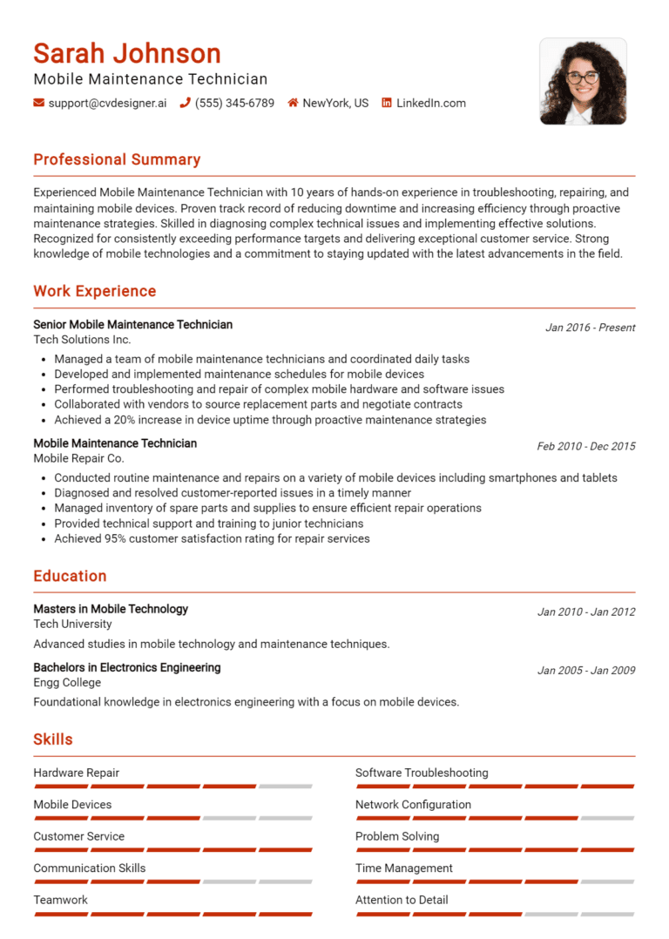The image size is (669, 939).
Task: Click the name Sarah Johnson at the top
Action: coord(127,54)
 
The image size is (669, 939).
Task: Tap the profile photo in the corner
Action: coord(583,81)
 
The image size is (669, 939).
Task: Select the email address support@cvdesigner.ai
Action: coord(107,103)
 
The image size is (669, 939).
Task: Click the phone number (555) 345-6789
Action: coord(234,103)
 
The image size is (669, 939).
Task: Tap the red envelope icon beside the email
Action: coord(38,103)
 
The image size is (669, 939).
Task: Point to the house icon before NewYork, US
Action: coord(293,103)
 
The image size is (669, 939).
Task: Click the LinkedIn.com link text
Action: coord(430,103)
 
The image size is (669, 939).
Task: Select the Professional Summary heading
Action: coord(117,159)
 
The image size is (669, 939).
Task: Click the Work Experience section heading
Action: coord(95,291)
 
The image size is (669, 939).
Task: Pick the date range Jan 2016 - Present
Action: coord(590,328)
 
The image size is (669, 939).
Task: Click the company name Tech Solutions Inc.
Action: coord(82,340)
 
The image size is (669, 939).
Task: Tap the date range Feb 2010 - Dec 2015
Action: coord(585,446)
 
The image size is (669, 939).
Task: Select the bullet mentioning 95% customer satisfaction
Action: coord(212,538)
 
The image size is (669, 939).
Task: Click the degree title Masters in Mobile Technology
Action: coord(111,609)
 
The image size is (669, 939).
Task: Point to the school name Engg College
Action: coord(67,682)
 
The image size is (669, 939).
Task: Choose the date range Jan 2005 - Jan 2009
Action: coord(585,671)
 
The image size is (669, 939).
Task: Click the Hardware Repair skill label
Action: coord(77,773)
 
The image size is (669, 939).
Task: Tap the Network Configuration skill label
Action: coord(413,804)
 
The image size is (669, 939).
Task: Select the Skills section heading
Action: coord(53,740)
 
